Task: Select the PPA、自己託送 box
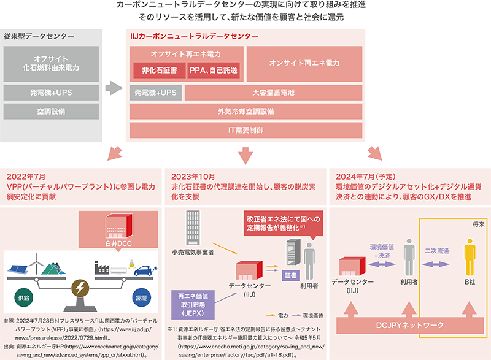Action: tap(214, 71)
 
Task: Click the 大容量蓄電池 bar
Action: tap(273, 93)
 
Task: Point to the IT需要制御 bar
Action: tap(245, 130)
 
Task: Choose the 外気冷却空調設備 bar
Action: tap(245, 112)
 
